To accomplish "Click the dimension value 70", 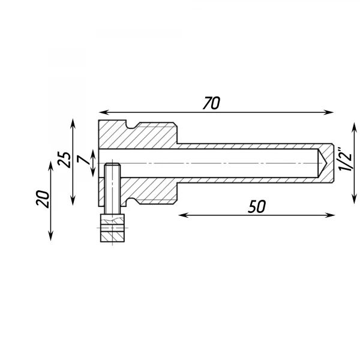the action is [x=211, y=103].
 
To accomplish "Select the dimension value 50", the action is [x=257, y=206].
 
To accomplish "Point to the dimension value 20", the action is [x=43, y=199].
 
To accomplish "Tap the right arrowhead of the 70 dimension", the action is [x=329, y=112].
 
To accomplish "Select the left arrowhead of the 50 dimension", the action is [x=183, y=215].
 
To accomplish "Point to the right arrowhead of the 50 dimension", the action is [x=330, y=215].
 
